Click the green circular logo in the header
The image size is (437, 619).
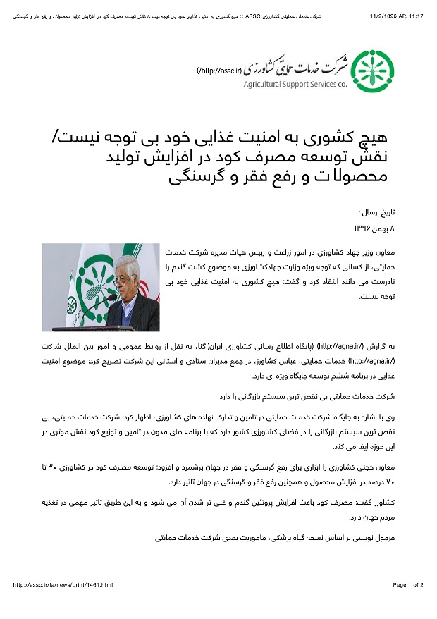click(x=373, y=71)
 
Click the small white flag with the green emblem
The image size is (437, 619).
click(x=70, y=303)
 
